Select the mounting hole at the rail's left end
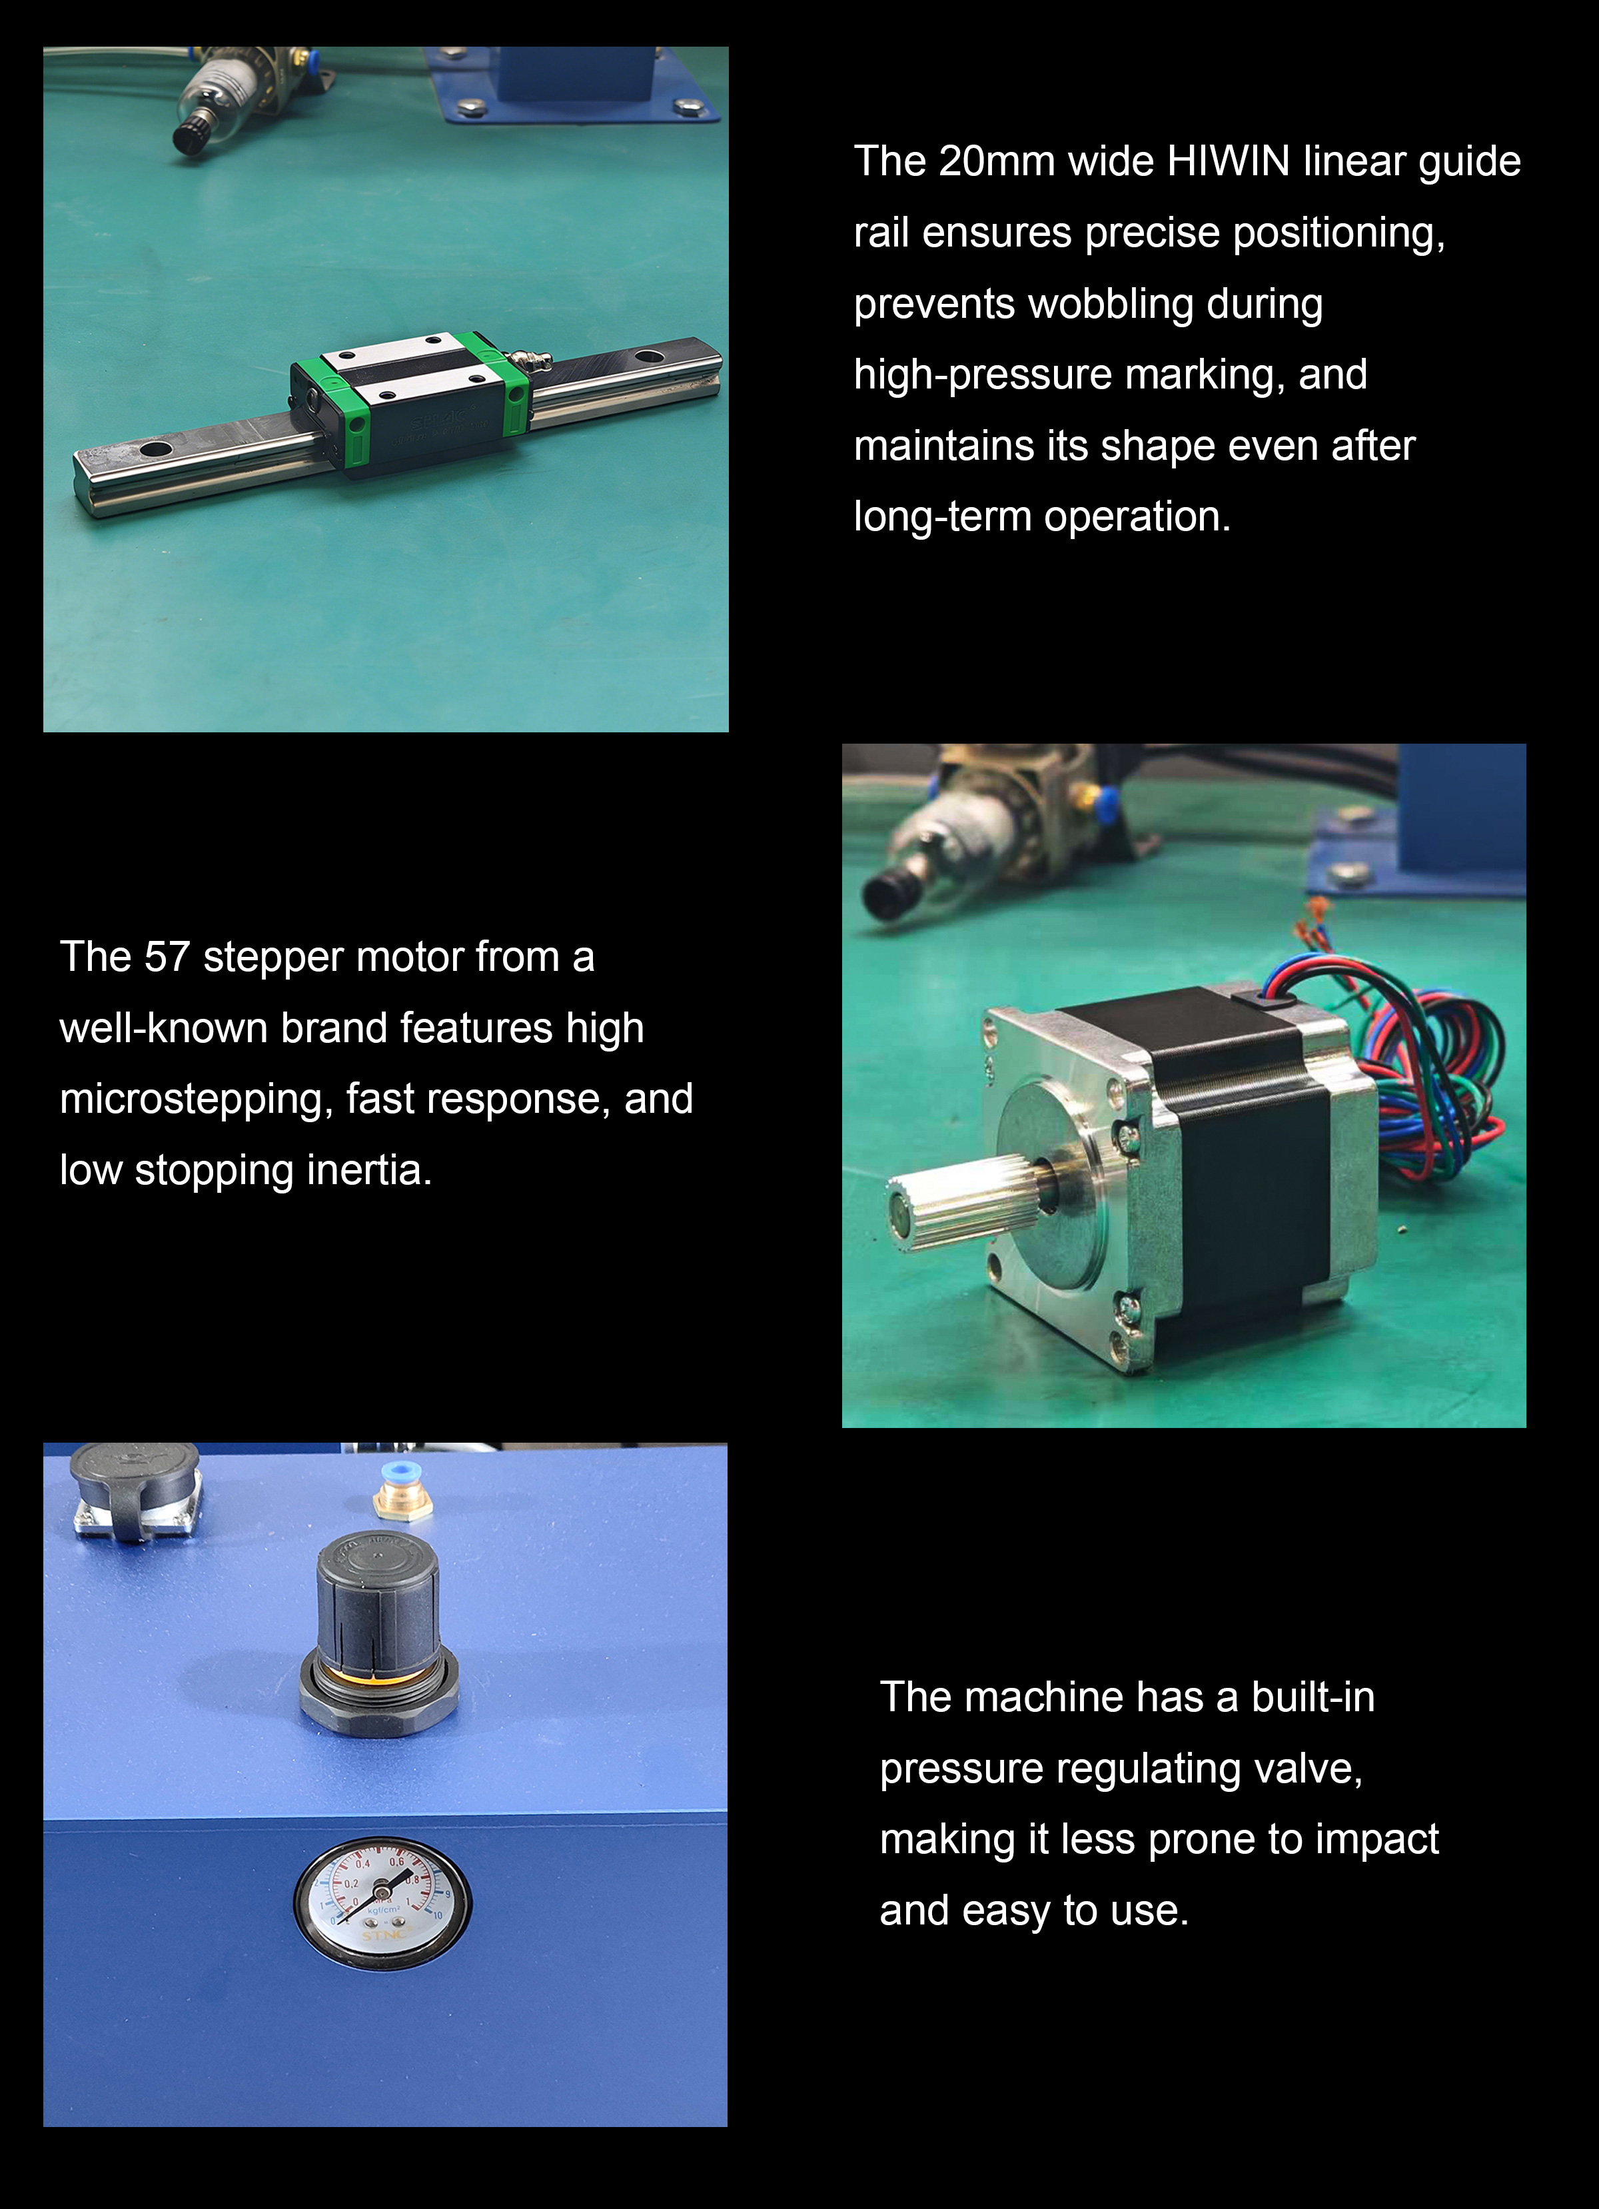pos(156,450)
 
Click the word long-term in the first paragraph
pos(943,517)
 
